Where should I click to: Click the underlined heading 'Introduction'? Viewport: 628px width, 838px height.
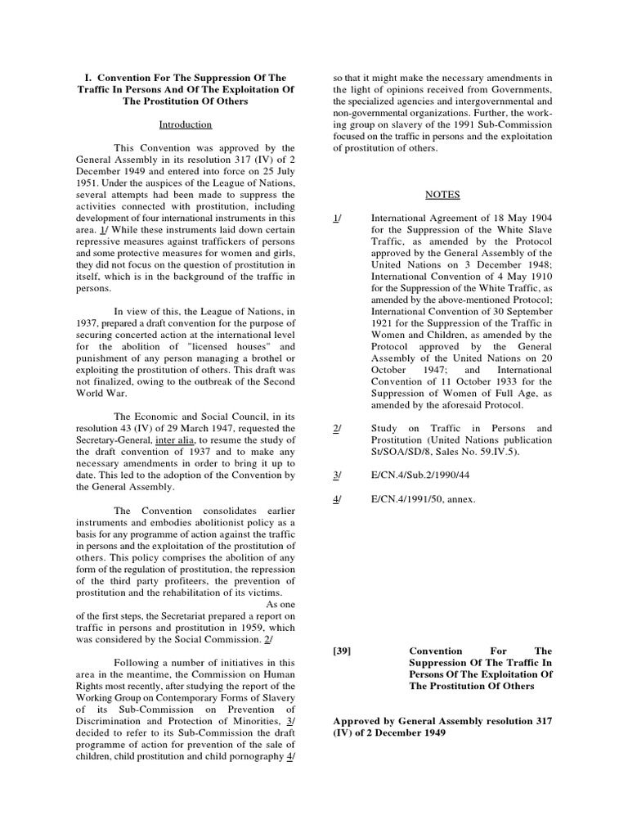pyautogui.click(x=186, y=124)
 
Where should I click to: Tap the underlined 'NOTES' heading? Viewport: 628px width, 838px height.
pyautogui.click(x=442, y=195)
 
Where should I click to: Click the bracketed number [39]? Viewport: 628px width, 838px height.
pyautogui.click(x=342, y=650)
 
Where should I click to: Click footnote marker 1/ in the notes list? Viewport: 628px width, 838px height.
pyautogui.click(x=337, y=219)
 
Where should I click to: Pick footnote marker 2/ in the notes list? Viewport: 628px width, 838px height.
pyautogui.click(x=337, y=428)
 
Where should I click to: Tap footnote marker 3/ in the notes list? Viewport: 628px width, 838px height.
pyautogui.click(x=337, y=475)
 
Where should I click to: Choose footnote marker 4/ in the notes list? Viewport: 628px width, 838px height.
pyautogui.click(x=337, y=498)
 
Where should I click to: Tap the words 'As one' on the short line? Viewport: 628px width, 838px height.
pyautogui.click(x=280, y=604)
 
